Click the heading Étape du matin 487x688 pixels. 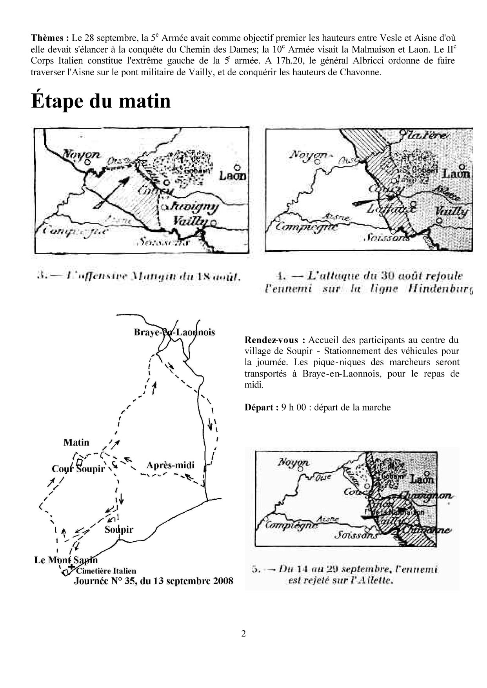101,101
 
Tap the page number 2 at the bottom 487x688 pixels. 243,634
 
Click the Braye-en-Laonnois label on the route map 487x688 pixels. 174,332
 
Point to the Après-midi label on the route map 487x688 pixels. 170,465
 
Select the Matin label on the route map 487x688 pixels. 76,442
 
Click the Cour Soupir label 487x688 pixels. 78,469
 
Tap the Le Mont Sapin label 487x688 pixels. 65,560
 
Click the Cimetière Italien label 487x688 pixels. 106,571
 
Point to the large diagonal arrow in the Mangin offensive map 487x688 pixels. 112,192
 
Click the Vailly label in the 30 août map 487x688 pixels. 454,212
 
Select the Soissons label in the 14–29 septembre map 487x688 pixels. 356,535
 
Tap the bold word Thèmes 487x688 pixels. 50,38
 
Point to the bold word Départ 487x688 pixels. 259,407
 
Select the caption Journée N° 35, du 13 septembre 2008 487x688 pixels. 153,581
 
